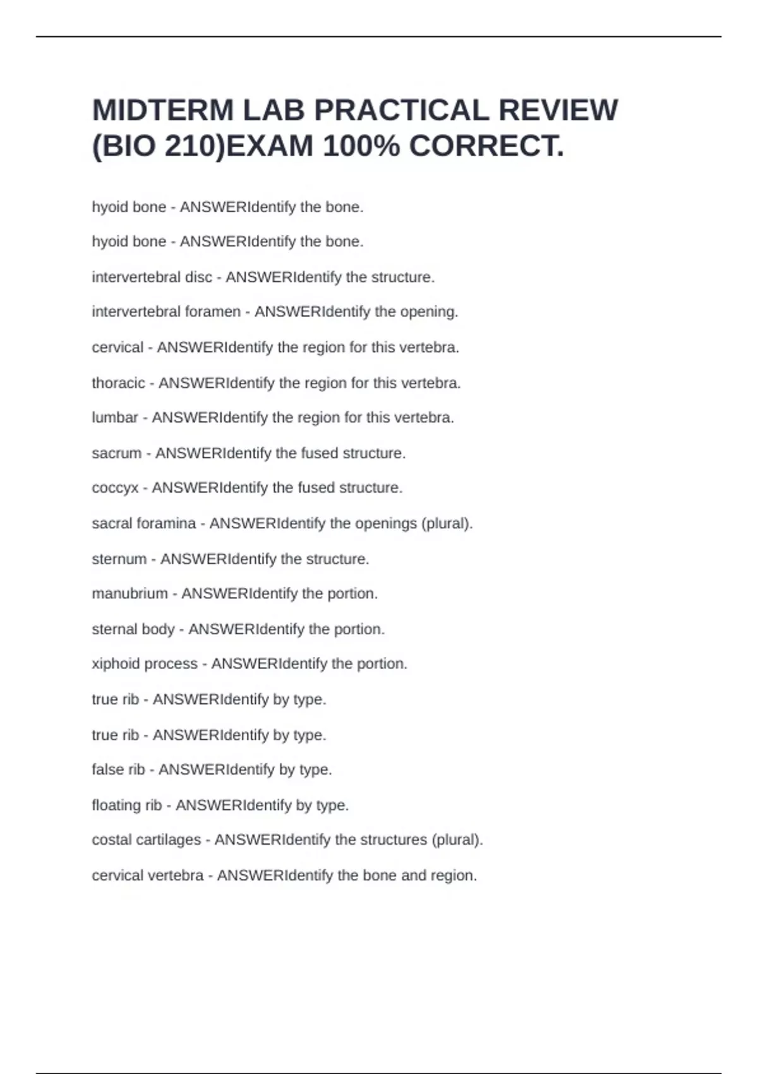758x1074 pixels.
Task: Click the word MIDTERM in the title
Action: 163,110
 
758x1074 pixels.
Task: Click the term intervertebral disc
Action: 152,277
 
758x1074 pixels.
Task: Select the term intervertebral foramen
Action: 166,312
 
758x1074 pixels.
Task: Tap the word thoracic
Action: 118,383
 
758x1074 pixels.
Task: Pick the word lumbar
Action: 115,418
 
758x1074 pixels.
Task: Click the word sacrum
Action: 117,453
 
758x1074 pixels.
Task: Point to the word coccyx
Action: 115,488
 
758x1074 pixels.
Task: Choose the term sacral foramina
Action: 144,524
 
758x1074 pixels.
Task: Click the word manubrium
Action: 130,594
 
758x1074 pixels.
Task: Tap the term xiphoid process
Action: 145,664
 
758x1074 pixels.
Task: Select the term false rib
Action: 118,769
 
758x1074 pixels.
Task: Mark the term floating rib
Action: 127,805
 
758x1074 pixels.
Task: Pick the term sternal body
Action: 133,629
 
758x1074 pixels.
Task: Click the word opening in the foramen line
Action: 428,312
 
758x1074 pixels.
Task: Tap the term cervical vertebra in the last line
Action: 148,876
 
